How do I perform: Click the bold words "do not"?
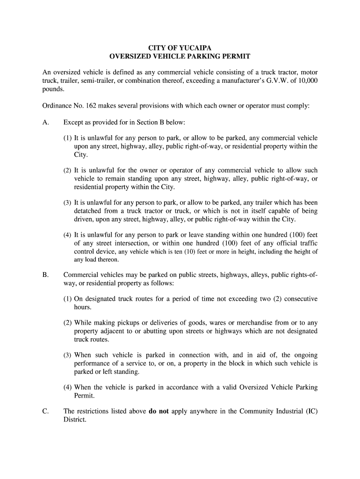(x=158, y=411)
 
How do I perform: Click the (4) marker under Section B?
(x=68, y=387)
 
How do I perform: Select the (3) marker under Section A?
(x=68, y=203)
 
